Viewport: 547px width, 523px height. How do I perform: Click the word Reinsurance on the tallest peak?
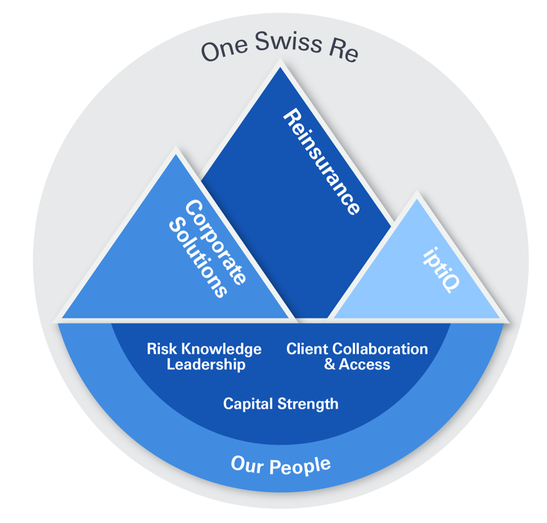320,162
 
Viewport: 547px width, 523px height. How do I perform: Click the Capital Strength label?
281,404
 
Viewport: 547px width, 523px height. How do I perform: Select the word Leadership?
205,364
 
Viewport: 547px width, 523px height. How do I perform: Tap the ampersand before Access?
331,364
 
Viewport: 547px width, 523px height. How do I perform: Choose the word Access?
365,364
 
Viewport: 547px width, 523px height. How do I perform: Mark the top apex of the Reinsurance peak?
279,65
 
